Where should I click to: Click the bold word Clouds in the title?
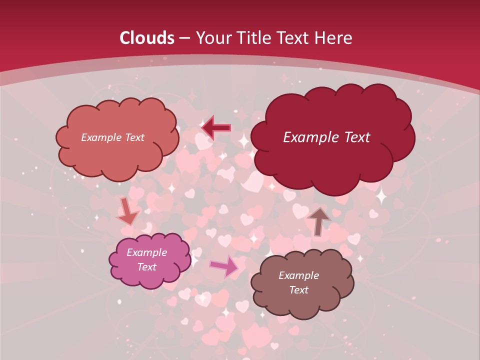pyautogui.click(x=147, y=38)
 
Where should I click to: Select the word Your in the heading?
pyautogui.click(x=214, y=38)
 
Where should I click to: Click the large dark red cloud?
pyautogui.click(x=332, y=160)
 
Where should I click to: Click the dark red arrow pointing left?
pyautogui.click(x=216, y=127)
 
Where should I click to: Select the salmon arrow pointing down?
pyautogui.click(x=126, y=211)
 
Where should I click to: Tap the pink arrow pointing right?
pyautogui.click(x=224, y=266)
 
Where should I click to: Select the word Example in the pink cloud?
pyautogui.click(x=146, y=252)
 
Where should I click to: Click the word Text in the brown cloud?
pyautogui.click(x=298, y=290)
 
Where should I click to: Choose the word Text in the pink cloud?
pyautogui.click(x=146, y=267)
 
